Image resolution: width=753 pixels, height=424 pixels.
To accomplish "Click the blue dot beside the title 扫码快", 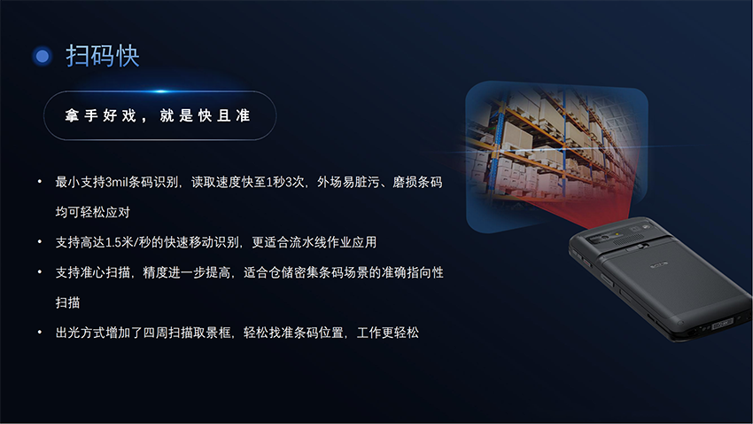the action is point(43,56).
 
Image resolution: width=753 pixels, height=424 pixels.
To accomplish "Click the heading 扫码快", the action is point(102,56).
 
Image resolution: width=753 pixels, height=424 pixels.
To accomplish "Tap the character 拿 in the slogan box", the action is point(72,115).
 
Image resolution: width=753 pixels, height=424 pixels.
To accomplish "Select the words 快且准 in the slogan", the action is point(224,115).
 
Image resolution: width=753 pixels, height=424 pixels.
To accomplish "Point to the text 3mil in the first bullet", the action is point(117,182).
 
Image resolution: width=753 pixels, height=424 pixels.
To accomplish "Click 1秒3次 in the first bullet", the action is point(285,182).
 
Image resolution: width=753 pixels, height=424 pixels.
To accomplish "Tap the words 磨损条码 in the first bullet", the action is point(417,182).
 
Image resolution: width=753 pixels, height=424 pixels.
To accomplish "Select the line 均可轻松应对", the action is point(93,213).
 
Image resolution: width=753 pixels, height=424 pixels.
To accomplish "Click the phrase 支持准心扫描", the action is point(93,272).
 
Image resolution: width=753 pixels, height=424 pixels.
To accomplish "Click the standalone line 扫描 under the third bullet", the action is point(67,302).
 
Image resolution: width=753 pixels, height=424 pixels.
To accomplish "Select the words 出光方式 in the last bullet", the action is point(81,333).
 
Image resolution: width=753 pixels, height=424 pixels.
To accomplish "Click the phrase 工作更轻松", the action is point(388,333).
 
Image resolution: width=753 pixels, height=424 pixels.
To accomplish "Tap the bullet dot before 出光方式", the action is point(39,332).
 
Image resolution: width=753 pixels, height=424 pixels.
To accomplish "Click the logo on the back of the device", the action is point(659,264).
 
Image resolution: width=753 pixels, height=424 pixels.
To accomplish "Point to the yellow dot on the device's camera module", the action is point(617,234).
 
